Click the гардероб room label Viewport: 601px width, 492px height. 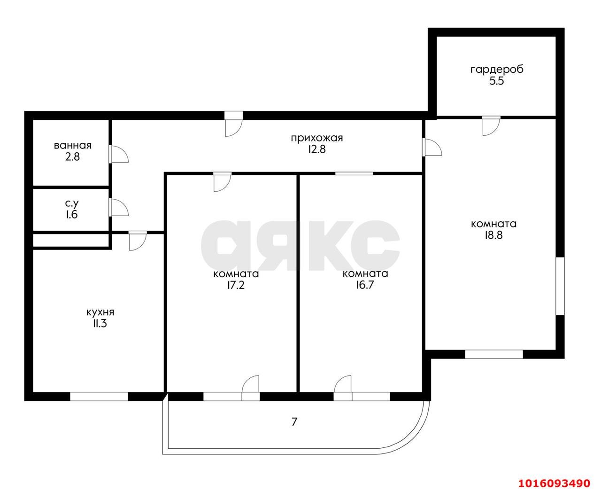(x=497, y=70)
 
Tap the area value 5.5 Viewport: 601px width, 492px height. (x=497, y=81)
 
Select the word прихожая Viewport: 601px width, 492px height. (x=316, y=138)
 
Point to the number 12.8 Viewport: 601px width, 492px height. (x=316, y=149)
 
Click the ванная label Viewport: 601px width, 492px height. (x=73, y=146)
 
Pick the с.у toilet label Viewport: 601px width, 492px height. (x=72, y=203)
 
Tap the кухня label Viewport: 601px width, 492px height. (x=100, y=312)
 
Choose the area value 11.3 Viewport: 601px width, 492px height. (x=100, y=324)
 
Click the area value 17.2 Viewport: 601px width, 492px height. (x=236, y=285)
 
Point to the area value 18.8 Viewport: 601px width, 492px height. (x=493, y=235)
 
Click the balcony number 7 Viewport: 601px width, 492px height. (x=294, y=422)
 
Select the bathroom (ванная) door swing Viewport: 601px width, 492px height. (x=118, y=154)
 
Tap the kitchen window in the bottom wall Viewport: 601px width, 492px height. (x=99, y=397)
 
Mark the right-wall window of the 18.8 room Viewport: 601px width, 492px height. (x=560, y=286)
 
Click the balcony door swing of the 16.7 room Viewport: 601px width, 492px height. (x=343, y=383)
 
